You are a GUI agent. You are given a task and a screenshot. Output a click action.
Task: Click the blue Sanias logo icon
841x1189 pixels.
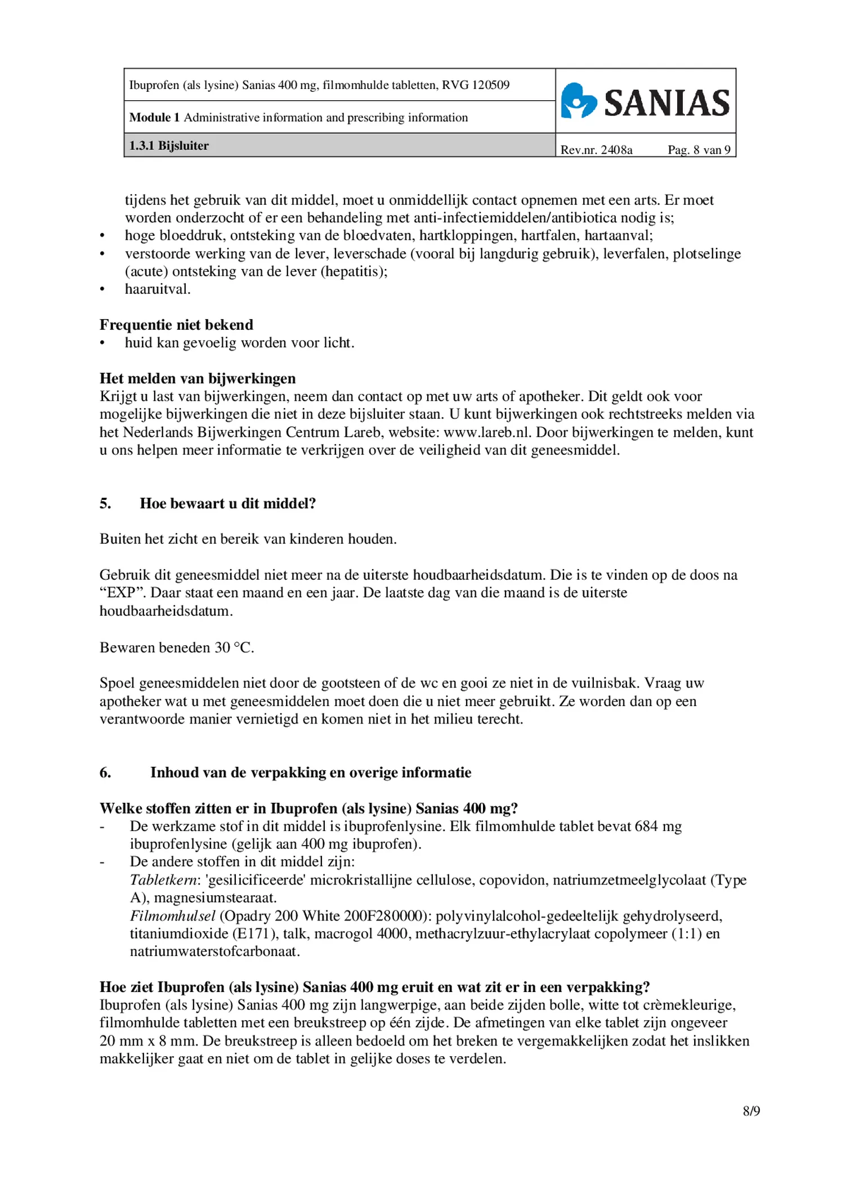pos(578,101)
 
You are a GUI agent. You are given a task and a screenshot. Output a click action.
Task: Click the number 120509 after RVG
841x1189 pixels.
pos(490,85)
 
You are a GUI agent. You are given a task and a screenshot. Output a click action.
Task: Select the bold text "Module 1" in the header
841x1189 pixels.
pos(154,117)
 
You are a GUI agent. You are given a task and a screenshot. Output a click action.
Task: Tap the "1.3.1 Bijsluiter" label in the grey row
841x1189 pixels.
pos(169,146)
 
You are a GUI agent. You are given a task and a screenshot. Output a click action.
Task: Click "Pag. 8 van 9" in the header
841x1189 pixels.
pos(699,150)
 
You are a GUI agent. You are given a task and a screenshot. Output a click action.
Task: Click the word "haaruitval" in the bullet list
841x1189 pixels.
pos(156,289)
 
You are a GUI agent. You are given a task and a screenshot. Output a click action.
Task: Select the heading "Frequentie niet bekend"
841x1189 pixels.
pos(176,325)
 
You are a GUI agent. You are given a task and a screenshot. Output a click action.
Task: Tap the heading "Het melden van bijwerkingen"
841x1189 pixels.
pos(198,378)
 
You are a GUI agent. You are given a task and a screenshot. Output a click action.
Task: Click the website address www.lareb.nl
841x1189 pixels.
pos(487,432)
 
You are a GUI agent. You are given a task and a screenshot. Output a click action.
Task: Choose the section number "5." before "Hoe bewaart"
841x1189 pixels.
pos(105,503)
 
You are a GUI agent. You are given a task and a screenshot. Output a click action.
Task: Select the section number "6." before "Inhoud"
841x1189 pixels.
pos(105,772)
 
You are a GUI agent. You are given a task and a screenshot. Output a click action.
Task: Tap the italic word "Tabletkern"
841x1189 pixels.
pos(163,880)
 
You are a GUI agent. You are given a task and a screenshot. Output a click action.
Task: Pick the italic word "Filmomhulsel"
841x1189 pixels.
pos(172,916)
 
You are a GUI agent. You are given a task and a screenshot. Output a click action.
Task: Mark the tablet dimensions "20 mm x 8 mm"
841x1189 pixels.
pos(149,1041)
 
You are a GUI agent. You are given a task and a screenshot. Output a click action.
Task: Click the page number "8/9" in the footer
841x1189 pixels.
pos(751,1111)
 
